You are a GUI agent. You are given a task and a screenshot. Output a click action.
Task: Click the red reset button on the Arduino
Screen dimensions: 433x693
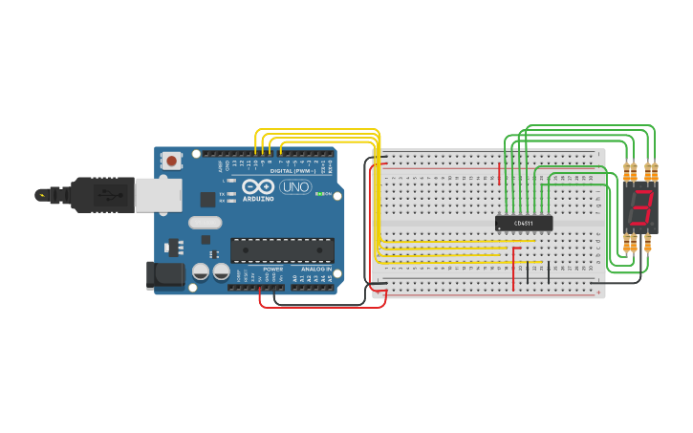tap(171, 161)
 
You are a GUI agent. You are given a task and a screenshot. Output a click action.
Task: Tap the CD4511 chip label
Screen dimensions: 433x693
tap(524, 224)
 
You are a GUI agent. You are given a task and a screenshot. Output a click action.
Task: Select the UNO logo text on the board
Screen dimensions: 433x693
tap(295, 187)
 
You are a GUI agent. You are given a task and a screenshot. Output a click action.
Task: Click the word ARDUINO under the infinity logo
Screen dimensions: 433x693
tap(258, 199)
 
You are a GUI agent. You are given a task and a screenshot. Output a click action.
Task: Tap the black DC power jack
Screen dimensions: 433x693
tap(164, 275)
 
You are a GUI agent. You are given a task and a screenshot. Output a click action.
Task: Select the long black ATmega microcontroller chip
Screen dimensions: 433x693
tap(282, 250)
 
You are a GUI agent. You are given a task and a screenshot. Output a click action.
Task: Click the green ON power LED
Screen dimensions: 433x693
tap(318, 194)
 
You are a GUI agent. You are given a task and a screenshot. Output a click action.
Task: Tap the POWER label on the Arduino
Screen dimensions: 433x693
tap(272, 270)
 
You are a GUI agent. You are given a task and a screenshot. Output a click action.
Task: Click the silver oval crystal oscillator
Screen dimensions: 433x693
tap(205, 223)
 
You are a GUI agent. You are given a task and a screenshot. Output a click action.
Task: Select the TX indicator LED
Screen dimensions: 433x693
tap(231, 194)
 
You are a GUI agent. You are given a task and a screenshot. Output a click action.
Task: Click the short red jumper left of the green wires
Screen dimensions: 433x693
tap(499, 173)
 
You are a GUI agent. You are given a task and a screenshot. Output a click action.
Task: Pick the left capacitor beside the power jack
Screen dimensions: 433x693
tap(200, 271)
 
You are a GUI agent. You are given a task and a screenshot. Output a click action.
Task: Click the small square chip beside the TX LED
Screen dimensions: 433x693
tap(207, 200)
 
